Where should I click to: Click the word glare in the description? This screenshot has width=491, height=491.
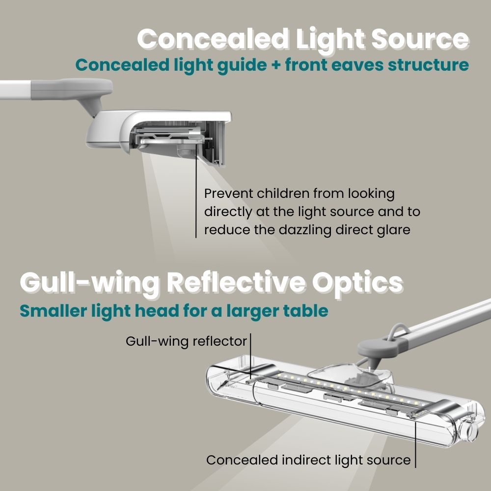392,229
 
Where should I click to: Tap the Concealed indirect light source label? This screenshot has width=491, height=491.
308,460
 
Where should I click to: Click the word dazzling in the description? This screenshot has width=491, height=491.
296,229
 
